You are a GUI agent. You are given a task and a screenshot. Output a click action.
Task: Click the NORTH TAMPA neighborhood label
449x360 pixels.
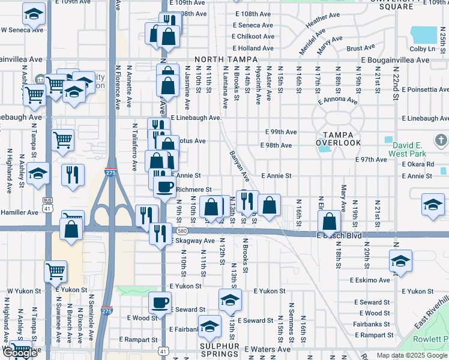(226, 60)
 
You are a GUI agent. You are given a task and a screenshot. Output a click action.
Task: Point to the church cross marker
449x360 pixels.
(440, 141)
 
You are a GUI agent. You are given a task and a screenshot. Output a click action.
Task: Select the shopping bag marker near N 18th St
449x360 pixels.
(329, 221)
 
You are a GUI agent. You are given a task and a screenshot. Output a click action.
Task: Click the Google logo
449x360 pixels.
(20, 353)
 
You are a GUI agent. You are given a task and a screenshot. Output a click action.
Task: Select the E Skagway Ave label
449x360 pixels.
(193, 241)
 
